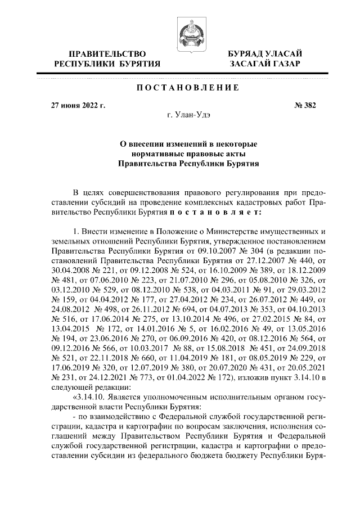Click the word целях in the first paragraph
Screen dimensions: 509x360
tap(100, 195)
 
